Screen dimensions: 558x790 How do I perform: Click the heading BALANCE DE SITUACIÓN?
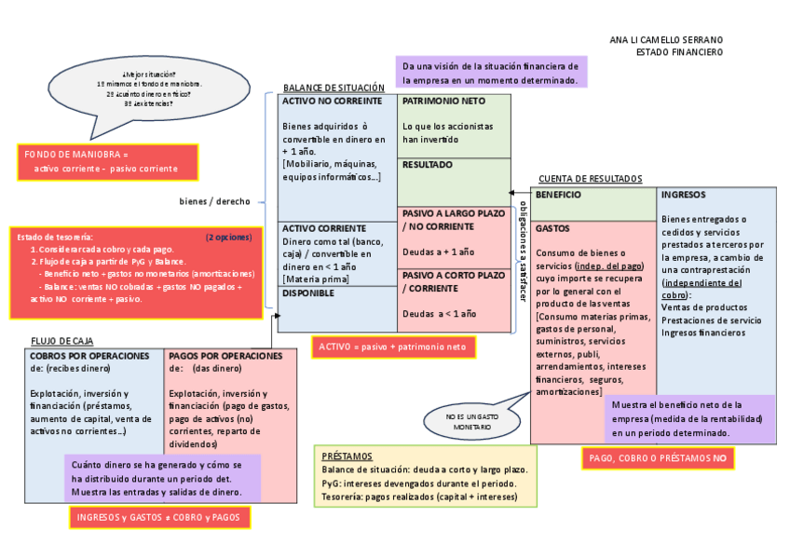pos(334,88)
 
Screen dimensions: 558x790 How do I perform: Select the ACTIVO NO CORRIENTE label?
pos(333,101)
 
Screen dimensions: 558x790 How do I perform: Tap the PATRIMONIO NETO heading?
pos(443,101)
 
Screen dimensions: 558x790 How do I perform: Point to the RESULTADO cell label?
pos(428,165)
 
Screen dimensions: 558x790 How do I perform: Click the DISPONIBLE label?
pos(308,293)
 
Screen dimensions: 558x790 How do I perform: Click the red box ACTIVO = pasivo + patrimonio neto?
pos(393,347)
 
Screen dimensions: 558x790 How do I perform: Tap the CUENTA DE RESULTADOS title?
pos(590,179)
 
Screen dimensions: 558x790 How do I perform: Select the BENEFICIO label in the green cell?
pos(559,195)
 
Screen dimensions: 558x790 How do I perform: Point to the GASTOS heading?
pos(553,227)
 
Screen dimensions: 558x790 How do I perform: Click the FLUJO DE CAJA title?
pos(61,342)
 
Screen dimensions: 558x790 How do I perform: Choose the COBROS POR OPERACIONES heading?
pos(89,356)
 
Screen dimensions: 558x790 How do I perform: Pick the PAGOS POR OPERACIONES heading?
pos(225,356)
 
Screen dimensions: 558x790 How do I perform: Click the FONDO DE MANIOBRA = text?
pos(75,154)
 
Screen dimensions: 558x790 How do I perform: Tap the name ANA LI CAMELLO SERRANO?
pos(665,40)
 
